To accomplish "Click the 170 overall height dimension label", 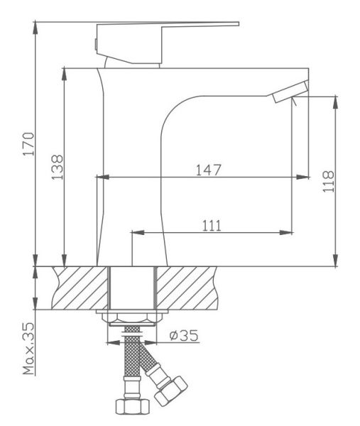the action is [28, 143].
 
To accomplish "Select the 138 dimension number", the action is [58, 168].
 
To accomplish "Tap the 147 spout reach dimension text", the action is [209, 170].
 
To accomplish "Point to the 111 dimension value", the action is [212, 226].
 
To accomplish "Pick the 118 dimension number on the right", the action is [328, 182].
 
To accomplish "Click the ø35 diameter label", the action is [184, 335].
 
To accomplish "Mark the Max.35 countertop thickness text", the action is [28, 349].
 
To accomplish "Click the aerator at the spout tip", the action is [290, 92].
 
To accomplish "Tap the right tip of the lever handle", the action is [239, 24].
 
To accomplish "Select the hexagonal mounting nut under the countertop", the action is [132, 317].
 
